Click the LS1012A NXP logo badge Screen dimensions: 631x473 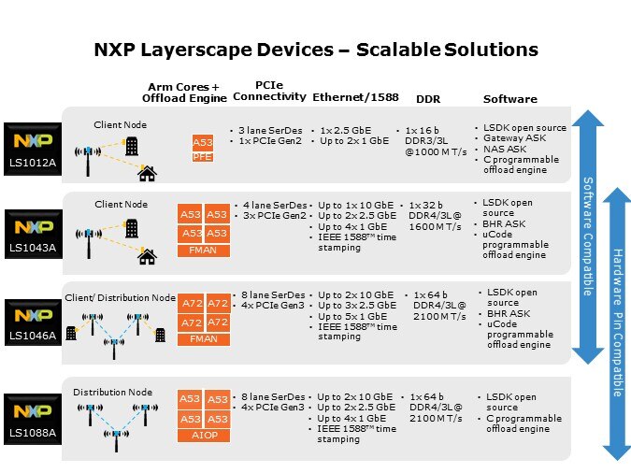click(33, 149)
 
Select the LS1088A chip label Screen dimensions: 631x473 click(33, 433)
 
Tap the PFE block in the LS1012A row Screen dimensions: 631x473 click(203, 157)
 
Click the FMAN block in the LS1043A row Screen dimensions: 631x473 click(204, 251)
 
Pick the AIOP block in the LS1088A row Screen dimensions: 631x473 click(204, 436)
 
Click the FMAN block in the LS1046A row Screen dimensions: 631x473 click(204, 339)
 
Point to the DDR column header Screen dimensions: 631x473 click(428, 99)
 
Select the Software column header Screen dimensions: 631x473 click(510, 99)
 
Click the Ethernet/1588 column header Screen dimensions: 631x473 click(356, 97)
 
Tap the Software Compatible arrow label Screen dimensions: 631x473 click(588, 236)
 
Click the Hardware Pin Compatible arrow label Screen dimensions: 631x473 click(618, 322)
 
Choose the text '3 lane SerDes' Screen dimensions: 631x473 click(270, 131)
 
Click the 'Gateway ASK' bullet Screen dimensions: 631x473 click(515, 138)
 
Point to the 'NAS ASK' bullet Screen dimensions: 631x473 click(505, 149)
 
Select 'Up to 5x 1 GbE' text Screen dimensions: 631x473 click(352, 316)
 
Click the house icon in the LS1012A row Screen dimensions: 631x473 click(148, 174)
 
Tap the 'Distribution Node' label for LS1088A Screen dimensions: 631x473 click(113, 392)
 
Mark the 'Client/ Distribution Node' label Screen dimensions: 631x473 click(121, 298)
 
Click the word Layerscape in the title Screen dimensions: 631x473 click(237, 50)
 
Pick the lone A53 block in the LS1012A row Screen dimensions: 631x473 click(203, 143)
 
